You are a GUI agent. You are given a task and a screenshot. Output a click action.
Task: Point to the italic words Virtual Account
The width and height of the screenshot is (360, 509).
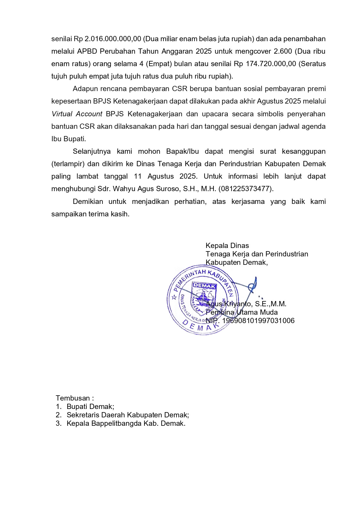[x=77, y=114]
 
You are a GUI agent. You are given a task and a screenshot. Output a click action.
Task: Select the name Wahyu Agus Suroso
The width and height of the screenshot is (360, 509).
[x=146, y=189]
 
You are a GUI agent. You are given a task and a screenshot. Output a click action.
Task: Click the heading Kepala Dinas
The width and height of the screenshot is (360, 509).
[x=227, y=246]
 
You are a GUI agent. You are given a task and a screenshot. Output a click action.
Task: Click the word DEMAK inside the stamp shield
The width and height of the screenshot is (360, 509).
[x=204, y=286]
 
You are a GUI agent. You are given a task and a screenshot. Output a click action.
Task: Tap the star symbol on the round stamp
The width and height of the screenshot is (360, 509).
[x=174, y=297]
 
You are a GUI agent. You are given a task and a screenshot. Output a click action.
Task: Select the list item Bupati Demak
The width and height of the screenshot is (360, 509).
[x=90, y=406]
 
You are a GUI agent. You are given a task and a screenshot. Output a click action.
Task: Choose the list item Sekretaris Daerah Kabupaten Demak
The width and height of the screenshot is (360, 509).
[x=128, y=415]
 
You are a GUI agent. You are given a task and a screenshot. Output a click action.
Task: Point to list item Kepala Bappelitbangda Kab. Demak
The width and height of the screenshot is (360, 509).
[x=126, y=423]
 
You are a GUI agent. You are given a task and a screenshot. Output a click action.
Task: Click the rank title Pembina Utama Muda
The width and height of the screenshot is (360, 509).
[x=242, y=312]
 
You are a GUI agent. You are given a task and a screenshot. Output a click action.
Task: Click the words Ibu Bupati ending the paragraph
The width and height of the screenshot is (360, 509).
[x=68, y=139]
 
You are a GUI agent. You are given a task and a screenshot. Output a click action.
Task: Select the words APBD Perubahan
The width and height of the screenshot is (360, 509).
[x=106, y=51]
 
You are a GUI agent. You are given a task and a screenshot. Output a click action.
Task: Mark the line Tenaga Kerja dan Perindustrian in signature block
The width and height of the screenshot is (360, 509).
[x=257, y=254]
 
